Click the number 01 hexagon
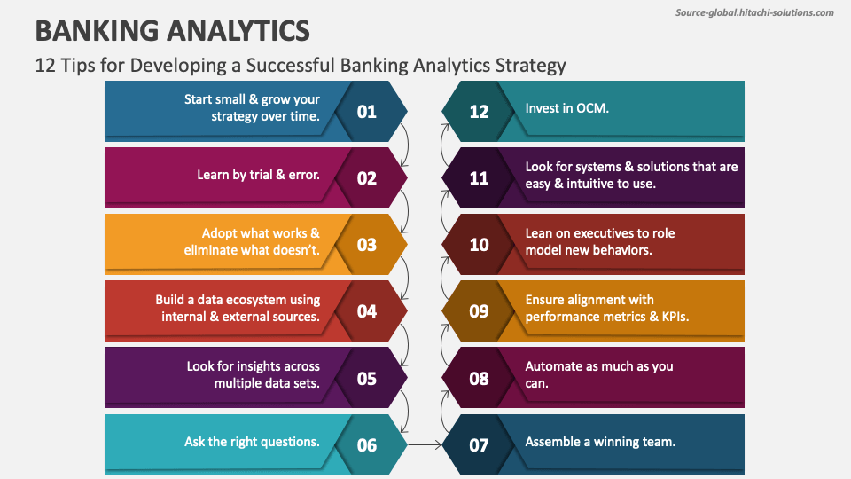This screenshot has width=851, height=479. tap(367, 112)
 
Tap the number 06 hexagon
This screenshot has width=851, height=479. tap(367, 445)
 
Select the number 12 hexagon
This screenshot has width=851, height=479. tap(479, 112)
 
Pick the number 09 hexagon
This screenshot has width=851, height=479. tap(479, 311)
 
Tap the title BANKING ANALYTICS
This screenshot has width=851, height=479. tap(172, 31)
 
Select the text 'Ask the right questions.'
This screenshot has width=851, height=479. tap(252, 441)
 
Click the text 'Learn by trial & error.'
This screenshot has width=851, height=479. tap(258, 175)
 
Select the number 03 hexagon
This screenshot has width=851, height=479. tap(367, 245)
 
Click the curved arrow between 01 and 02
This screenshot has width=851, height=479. tap(406, 145)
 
